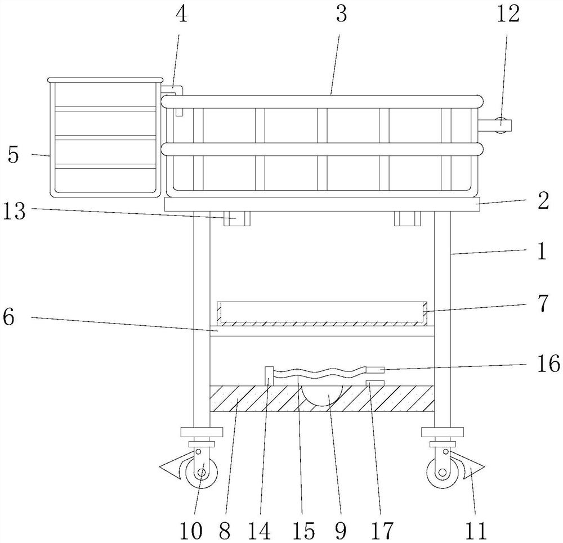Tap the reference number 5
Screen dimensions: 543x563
(x=13, y=155)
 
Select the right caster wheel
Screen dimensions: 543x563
(x=443, y=473)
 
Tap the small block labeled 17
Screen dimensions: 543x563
(x=374, y=383)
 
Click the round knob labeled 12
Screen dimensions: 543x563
(x=502, y=125)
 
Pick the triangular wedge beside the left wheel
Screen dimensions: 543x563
(x=171, y=464)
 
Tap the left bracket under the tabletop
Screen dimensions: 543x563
(x=236, y=219)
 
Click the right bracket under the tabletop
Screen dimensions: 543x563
(x=406, y=219)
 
